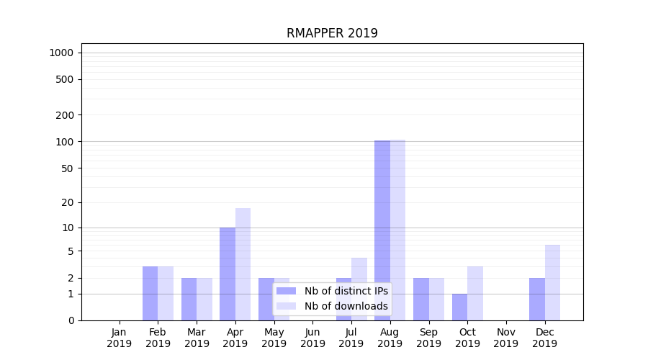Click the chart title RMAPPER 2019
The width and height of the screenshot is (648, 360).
332,33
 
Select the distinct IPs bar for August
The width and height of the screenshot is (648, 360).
382,230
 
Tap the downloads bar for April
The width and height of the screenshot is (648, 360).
243,264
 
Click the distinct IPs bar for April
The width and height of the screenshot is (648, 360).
228,274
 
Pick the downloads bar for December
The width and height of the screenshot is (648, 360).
552,282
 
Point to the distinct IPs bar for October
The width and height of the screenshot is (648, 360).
459,307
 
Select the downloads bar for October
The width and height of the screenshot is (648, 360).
475,293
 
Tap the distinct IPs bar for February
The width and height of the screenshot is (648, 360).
150,293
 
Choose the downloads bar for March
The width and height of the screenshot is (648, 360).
204,299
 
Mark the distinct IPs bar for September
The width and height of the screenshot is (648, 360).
421,299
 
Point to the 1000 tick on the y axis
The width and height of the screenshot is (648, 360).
61,53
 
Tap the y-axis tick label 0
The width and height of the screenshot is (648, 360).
71,320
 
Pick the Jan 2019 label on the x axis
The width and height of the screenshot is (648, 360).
120,338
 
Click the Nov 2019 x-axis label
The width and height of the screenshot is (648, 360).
506,338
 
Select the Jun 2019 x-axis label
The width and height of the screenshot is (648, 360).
312,338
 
